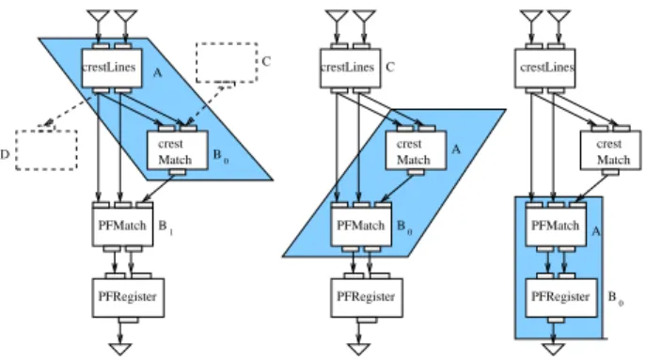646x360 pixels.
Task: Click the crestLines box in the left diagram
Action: pyautogui.click(x=112, y=68)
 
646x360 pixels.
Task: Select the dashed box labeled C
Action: pyautogui.click(x=227, y=63)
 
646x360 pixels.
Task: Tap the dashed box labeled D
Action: pyautogui.click(x=47, y=150)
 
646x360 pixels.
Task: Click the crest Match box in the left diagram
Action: pyautogui.click(x=177, y=150)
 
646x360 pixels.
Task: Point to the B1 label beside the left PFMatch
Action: pyautogui.click(x=165, y=227)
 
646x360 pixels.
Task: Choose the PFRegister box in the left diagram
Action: pyautogui.click(x=128, y=298)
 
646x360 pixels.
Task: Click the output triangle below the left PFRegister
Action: pyautogui.click(x=120, y=349)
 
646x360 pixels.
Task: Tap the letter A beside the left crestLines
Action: pyautogui.click(x=157, y=73)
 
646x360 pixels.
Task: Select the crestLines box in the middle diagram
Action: pyautogui.click(x=351, y=68)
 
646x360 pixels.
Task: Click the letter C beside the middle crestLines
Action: pyautogui.click(x=390, y=67)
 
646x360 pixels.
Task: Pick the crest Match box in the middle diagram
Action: pyautogui.click(x=416, y=150)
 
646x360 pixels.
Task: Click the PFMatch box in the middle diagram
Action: pyautogui.click(x=361, y=227)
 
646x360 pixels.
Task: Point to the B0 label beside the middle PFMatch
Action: pyautogui.click(x=404, y=227)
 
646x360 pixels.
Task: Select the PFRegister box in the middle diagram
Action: pyautogui.click(x=367, y=298)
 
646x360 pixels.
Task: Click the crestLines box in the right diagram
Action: pyautogui.click(x=545, y=68)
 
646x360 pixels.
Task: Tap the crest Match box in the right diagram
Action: pyautogui.click(x=610, y=150)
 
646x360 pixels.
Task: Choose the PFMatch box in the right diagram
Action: pyautogui.click(x=556, y=227)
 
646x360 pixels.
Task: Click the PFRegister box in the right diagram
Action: pyautogui.click(x=561, y=298)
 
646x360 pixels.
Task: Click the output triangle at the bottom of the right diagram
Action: pyautogui.click(x=553, y=349)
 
